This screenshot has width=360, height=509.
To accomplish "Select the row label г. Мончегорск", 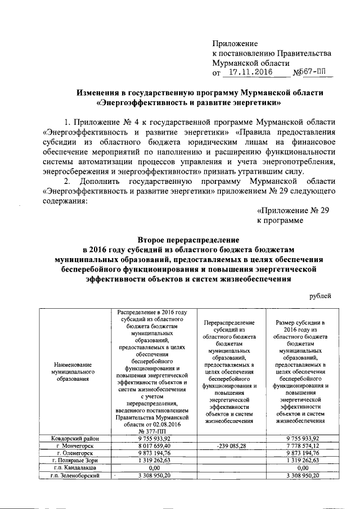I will click(73, 445).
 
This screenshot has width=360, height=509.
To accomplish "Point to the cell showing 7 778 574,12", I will click(304, 445).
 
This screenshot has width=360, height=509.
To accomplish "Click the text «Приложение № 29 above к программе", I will click(292, 211).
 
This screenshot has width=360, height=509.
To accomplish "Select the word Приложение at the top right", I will click(235, 43).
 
